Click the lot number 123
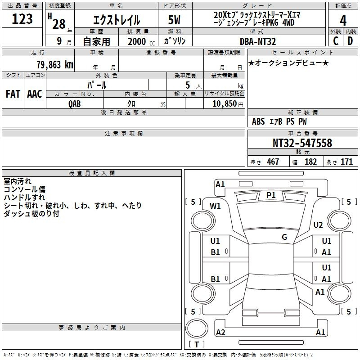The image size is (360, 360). (22, 19)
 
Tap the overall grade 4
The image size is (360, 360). (343, 21)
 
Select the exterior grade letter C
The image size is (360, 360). (336, 41)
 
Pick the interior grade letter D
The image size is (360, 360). (350, 41)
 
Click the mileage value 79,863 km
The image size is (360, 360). (55, 64)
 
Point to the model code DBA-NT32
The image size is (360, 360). (257, 41)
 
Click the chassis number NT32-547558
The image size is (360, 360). (302, 143)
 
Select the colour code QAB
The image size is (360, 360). (75, 104)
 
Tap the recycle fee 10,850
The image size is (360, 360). (224, 103)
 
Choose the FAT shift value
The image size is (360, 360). (13, 94)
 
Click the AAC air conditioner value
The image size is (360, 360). (35, 94)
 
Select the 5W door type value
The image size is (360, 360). (174, 20)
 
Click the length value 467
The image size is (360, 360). (273, 162)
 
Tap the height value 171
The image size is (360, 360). (346, 162)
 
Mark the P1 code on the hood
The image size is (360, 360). (271, 195)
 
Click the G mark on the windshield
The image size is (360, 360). (284, 237)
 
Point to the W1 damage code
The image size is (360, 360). (215, 206)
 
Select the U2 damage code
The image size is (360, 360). (318, 225)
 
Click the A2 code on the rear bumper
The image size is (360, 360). (220, 332)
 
